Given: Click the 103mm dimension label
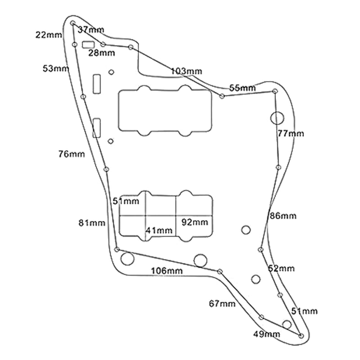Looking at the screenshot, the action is [186, 71].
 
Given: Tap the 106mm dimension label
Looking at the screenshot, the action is [167, 271].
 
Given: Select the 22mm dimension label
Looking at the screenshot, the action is [49, 35].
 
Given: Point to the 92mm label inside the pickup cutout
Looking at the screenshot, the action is [195, 222].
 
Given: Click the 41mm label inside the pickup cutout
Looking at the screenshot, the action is [159, 230].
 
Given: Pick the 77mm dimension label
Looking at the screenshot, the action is [291, 133].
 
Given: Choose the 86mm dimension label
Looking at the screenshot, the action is [283, 216].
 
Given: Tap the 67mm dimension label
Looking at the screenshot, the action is [222, 304].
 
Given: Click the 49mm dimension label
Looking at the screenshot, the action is [267, 334].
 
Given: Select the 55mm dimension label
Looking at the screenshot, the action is [243, 88].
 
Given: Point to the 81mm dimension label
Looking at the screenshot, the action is [92, 223].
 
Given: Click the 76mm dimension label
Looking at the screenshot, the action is [72, 154].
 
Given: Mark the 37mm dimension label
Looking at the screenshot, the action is [91, 29].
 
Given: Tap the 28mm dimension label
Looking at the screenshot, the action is [102, 53].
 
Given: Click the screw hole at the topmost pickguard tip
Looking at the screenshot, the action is [73, 23].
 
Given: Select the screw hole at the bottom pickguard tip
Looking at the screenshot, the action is [301, 336].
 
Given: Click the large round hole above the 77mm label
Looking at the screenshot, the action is [277, 118].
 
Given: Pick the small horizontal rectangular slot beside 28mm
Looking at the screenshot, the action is [88, 45].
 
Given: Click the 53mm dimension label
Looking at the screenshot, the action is [56, 68].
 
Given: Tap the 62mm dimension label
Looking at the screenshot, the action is [281, 268].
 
